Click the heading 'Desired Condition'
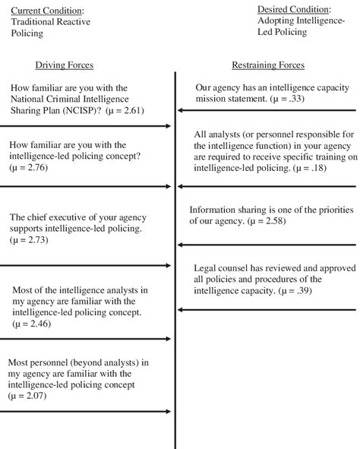click(292, 10)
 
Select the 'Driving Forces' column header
click(64, 65)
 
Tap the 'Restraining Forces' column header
click(267, 65)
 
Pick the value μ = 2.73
click(29, 239)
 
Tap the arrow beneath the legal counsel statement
click(266, 309)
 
